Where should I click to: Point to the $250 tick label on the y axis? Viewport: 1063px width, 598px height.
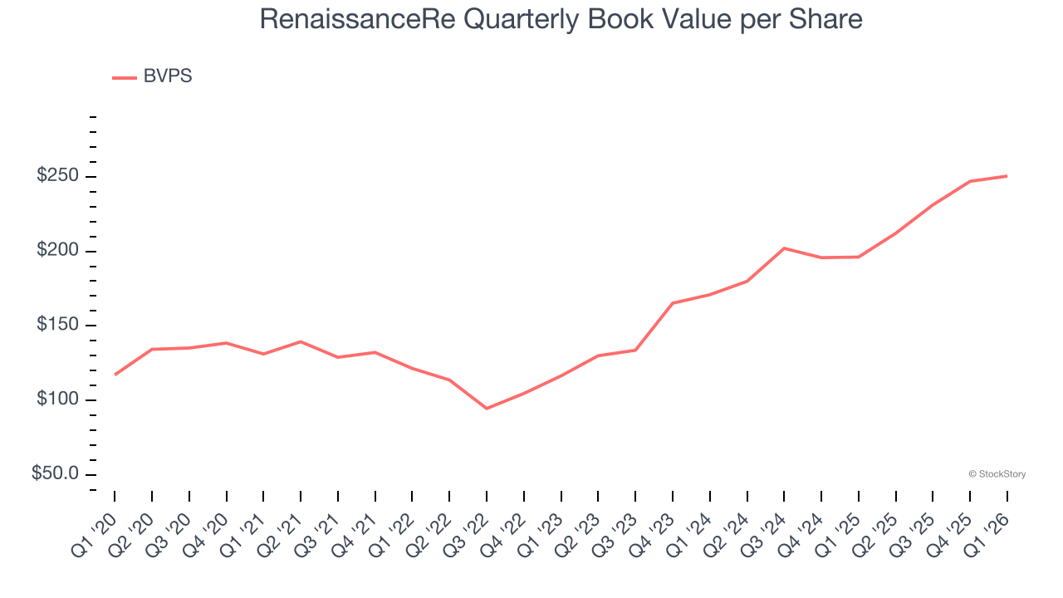57,176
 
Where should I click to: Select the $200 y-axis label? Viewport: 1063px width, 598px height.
57,251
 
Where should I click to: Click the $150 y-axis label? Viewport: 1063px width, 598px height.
57,326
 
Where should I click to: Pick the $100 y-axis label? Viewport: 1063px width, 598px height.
57,400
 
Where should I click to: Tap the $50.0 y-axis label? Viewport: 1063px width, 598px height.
56,473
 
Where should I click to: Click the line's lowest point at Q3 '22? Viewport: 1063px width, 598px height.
487,409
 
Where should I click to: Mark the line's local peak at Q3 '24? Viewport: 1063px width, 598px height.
784,248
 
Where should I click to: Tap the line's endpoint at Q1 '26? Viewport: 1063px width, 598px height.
1007,176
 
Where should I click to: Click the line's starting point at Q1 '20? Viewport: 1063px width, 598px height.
115,375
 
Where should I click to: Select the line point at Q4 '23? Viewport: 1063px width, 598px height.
673,303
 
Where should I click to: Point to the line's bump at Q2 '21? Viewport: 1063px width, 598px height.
301,341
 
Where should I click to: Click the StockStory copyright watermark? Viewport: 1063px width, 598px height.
997,474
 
